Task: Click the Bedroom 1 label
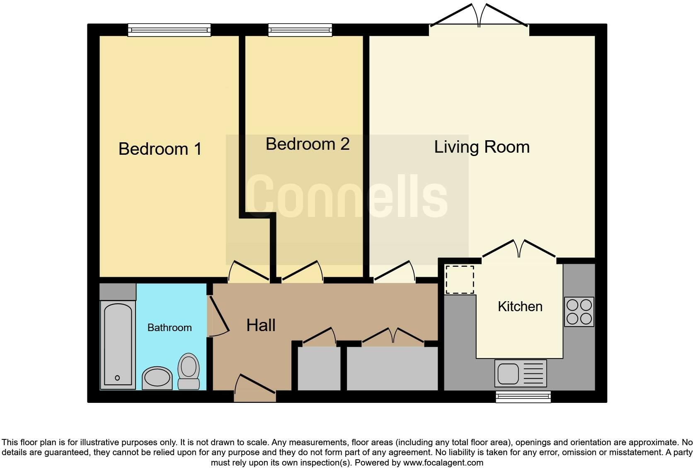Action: [160, 149]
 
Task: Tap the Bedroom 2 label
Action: [308, 144]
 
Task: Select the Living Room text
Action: [482, 147]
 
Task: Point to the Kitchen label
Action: [520, 307]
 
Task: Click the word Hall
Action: [261, 325]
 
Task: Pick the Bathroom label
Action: [170, 328]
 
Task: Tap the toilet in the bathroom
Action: [189, 371]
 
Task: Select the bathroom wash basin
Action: [157, 378]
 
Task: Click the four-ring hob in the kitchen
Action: [579, 312]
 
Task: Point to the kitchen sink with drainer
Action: [521, 373]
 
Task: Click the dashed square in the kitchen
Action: [460, 280]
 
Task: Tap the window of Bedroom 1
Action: [169, 30]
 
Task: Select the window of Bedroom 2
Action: [300, 29]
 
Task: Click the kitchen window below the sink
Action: [523, 397]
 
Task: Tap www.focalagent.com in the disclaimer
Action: [443, 462]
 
